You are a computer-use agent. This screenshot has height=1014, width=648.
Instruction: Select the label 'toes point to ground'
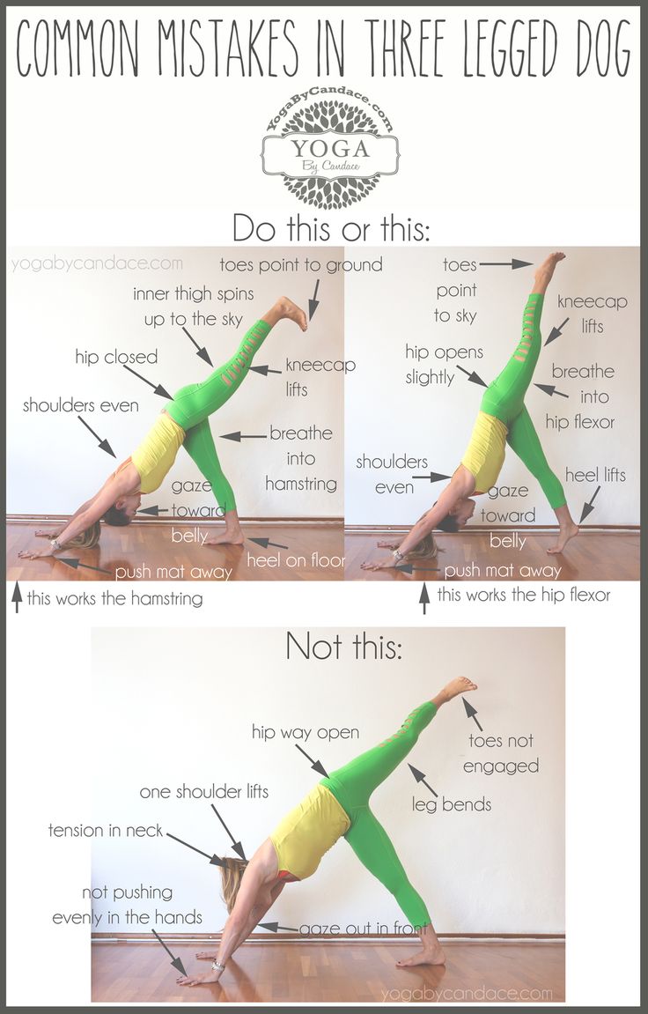click(x=301, y=264)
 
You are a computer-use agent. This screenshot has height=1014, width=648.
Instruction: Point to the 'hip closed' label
click(x=116, y=357)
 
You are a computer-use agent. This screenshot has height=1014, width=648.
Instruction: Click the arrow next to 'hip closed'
click(x=148, y=383)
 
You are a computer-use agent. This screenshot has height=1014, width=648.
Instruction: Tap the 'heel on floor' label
click(x=296, y=560)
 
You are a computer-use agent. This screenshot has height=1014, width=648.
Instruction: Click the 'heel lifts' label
click(x=596, y=476)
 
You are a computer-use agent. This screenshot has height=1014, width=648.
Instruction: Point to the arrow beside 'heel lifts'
click(x=589, y=504)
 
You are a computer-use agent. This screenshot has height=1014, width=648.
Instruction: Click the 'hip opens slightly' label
click(x=444, y=364)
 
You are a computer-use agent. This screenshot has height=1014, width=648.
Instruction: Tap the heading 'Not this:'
click(x=343, y=646)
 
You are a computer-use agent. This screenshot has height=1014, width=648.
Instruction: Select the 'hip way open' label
click(x=305, y=732)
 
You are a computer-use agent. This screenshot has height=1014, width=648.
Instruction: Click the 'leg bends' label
click(x=452, y=803)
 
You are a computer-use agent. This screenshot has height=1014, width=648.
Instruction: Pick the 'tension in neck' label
click(x=106, y=830)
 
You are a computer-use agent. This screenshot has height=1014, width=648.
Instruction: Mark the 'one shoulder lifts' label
click(x=204, y=791)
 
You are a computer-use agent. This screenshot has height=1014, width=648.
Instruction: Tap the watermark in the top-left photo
click(x=97, y=263)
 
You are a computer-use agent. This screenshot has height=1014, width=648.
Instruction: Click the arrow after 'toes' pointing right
click(x=506, y=263)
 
